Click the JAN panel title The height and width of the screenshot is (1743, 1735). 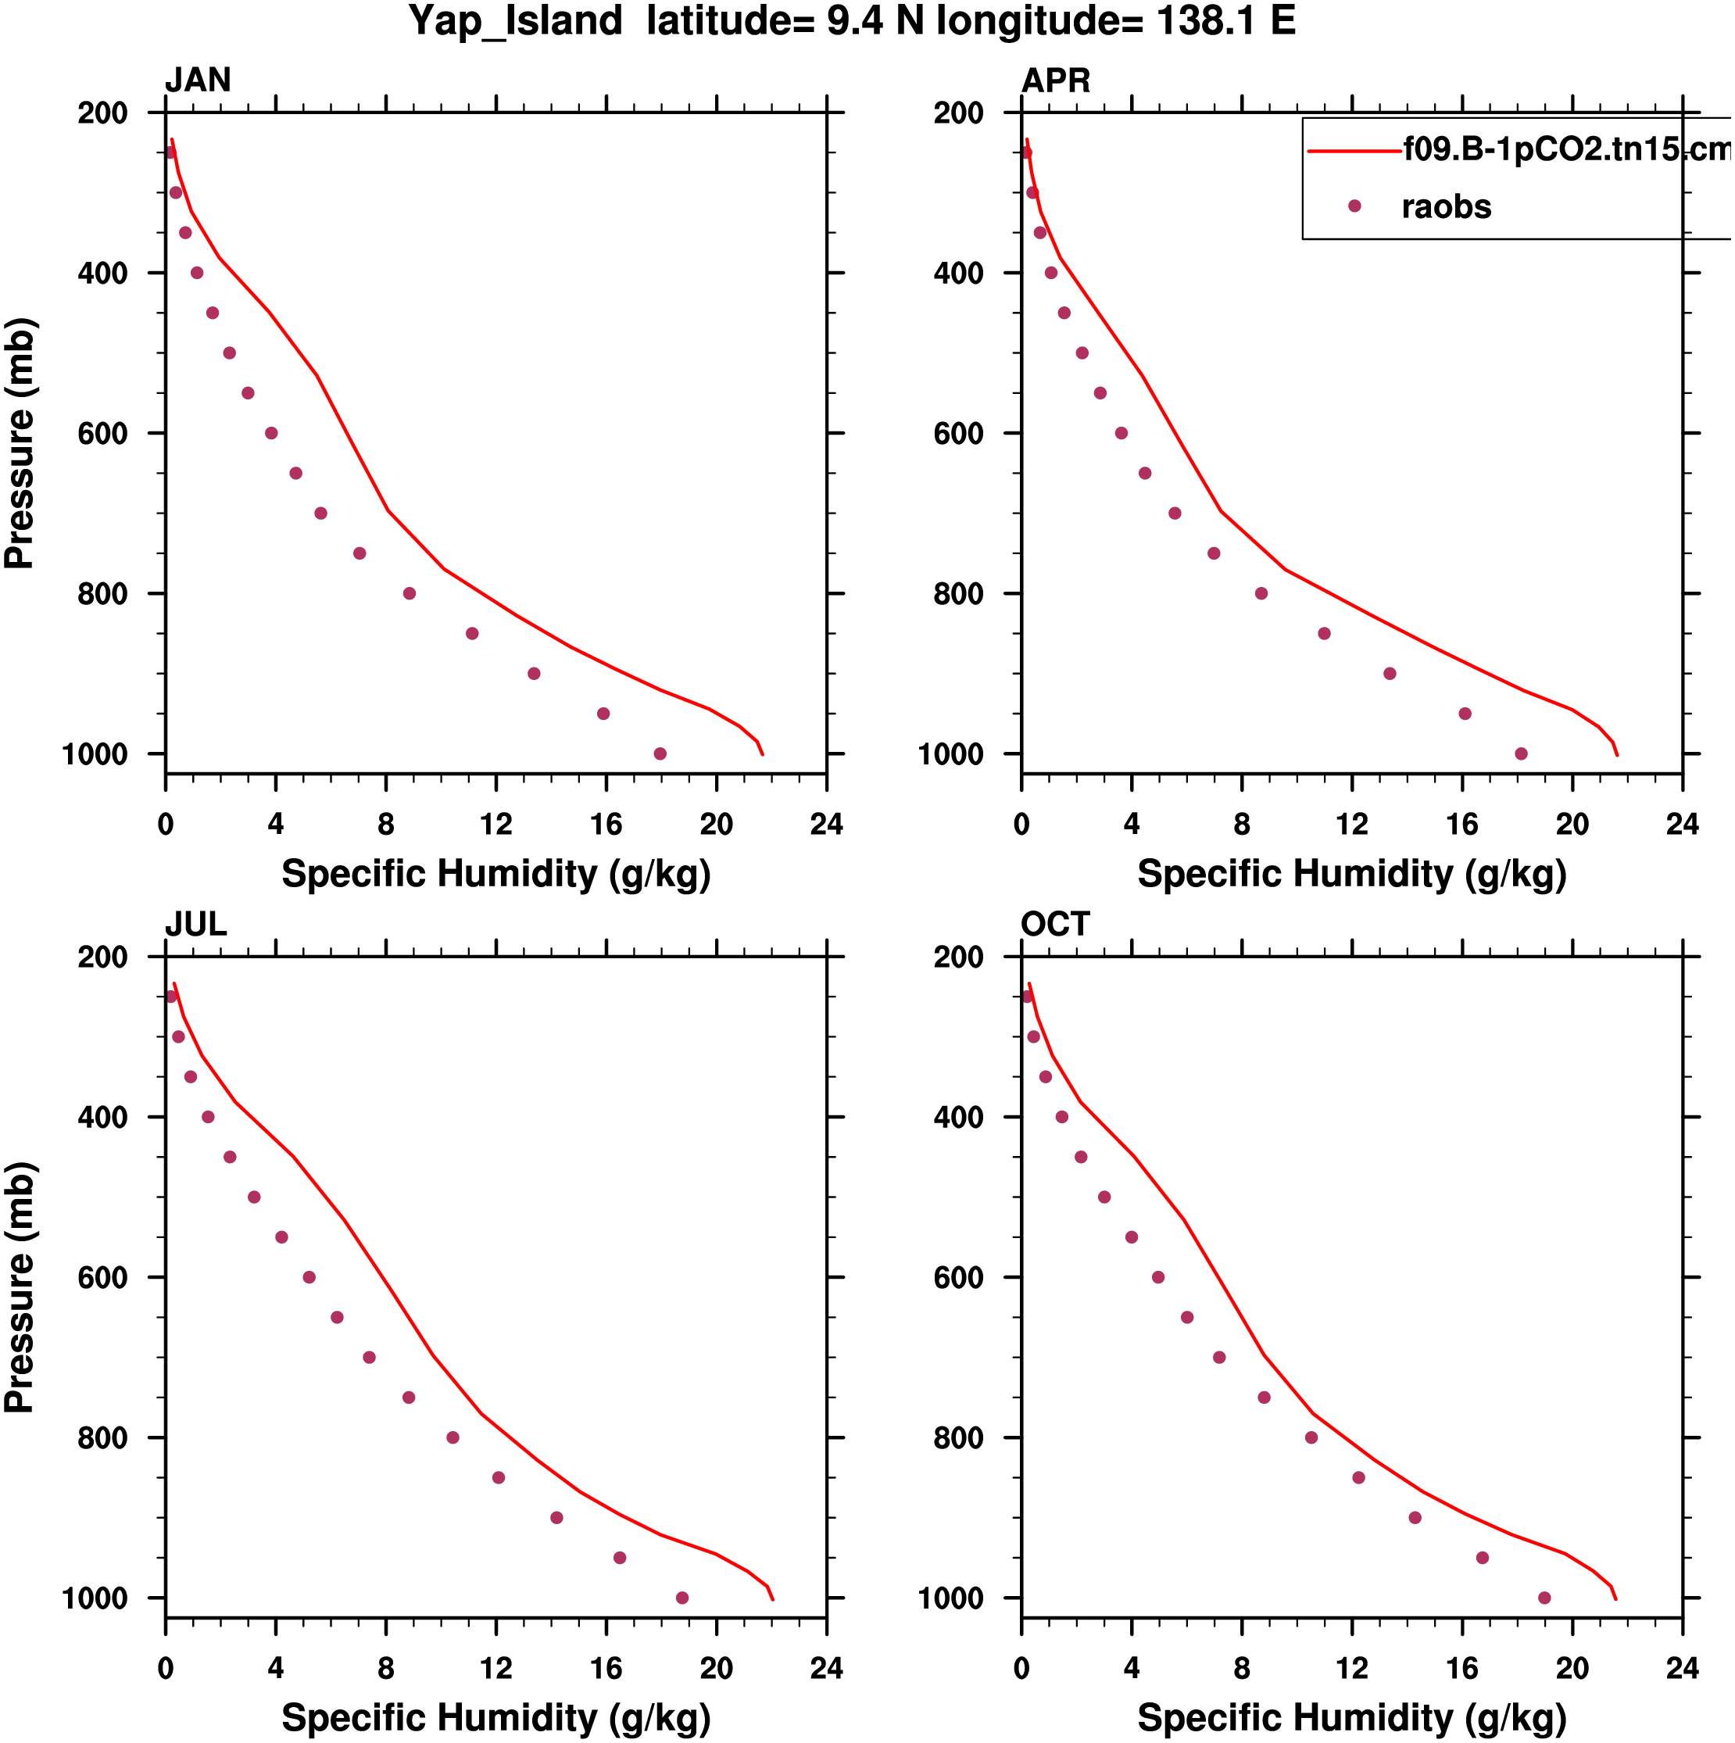[198, 81]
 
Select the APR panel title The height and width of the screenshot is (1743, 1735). [1055, 81]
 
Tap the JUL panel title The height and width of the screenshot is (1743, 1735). [196, 925]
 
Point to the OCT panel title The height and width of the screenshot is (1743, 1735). [1055, 925]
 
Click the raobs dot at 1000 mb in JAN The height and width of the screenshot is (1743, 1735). [660, 754]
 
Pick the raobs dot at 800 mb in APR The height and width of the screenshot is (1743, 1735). [1261, 593]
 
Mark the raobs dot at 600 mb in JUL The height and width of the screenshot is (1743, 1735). [309, 1277]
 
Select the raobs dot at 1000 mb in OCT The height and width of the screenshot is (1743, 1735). [1544, 1598]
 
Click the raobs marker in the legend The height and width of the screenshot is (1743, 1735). [1354, 206]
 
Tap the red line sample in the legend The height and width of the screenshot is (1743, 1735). [1354, 151]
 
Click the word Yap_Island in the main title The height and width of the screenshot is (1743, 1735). [515, 21]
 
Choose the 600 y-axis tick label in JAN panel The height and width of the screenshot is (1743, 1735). [103, 434]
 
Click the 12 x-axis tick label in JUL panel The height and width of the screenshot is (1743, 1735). [496, 1669]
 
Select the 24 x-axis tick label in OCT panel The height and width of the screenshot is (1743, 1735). [1682, 1669]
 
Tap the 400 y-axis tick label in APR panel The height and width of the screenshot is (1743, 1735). [959, 274]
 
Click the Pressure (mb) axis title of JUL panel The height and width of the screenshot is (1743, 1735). [20, 1287]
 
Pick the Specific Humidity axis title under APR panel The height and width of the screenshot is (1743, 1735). [1351, 874]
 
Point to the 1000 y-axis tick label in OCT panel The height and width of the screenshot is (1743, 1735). [951, 1598]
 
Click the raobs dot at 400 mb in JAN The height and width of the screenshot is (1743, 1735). [198, 273]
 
